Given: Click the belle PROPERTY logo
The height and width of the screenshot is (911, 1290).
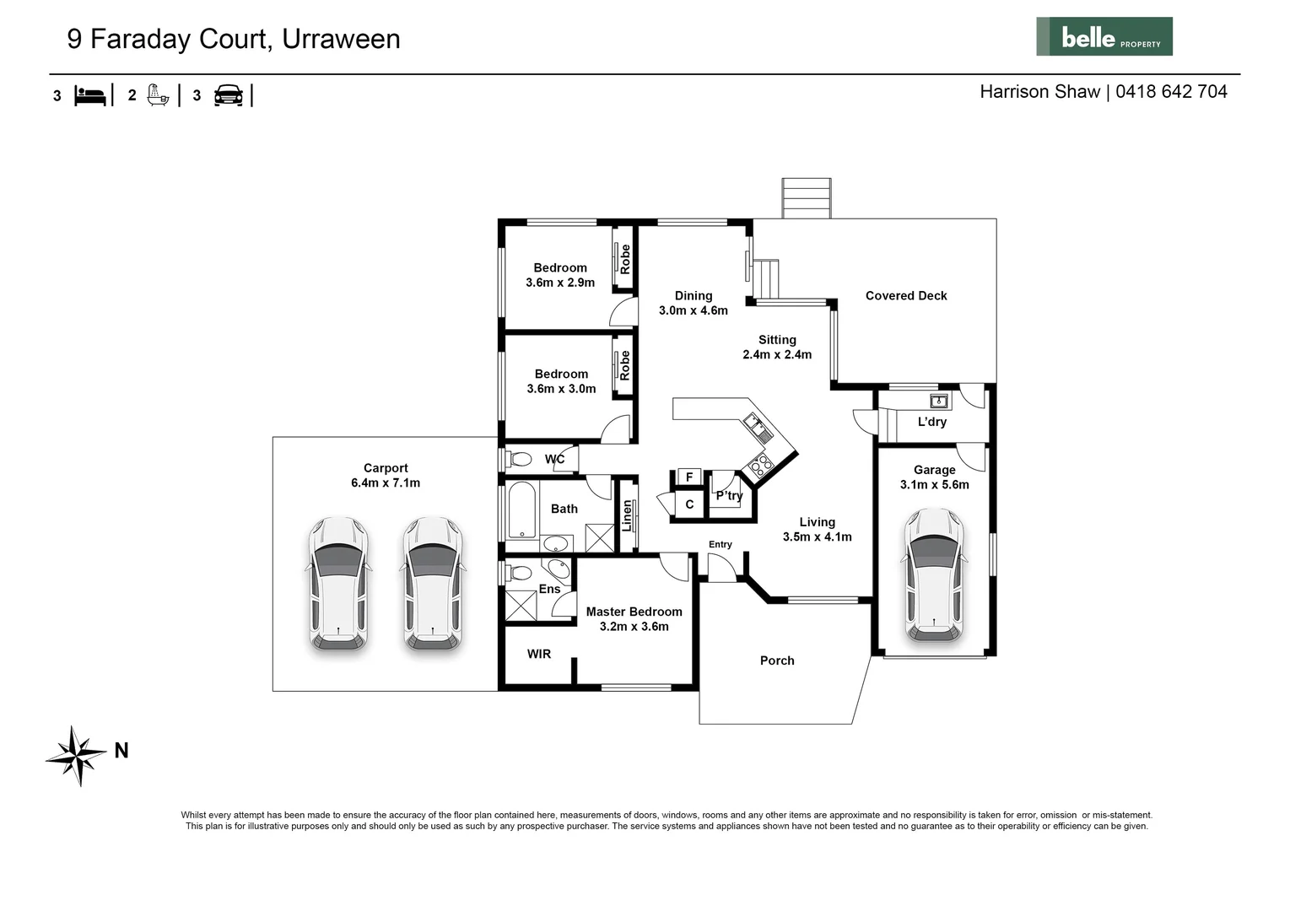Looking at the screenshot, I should click(x=1104, y=37).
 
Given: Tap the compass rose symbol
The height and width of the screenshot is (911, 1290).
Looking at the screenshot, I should click(x=77, y=755).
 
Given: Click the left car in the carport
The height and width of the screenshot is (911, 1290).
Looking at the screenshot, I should click(x=337, y=584).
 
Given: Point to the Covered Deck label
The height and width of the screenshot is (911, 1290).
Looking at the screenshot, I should click(x=906, y=296).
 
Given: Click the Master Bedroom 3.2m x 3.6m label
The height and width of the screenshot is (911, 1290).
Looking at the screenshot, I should click(x=634, y=619).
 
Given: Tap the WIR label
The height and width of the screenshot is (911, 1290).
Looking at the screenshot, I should click(x=539, y=654).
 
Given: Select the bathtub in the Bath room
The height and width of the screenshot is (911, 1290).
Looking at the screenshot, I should click(x=521, y=509).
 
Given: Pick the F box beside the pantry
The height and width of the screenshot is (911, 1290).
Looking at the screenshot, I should click(x=688, y=477).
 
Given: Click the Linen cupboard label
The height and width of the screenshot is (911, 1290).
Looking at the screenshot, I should click(x=627, y=515).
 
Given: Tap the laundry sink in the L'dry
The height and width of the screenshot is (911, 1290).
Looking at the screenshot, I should click(x=938, y=401).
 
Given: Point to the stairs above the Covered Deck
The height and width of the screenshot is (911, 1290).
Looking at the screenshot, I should click(x=806, y=198).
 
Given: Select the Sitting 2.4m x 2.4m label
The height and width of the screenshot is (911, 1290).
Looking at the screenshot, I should click(x=777, y=348).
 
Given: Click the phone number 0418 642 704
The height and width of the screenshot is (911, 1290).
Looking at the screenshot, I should click(x=1171, y=92).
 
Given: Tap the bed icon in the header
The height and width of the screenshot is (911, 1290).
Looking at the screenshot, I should click(x=90, y=95).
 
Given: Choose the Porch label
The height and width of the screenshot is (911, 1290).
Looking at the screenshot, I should click(x=777, y=660).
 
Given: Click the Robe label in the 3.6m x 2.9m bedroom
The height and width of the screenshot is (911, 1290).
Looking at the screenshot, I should click(x=625, y=259).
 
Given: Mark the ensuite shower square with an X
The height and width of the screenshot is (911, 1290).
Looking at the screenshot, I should click(x=521, y=606).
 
